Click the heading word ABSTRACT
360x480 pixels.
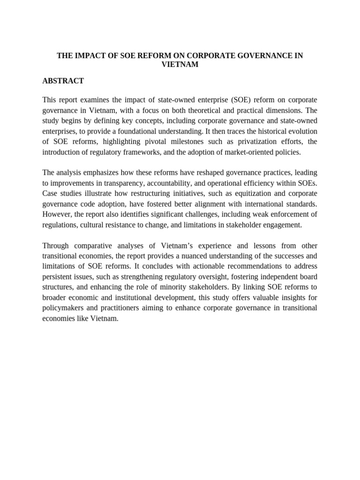tap(63, 81)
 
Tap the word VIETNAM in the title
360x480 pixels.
tap(180, 65)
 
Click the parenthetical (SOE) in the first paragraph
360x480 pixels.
tap(221, 100)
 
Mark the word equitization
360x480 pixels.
tap(238, 193)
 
